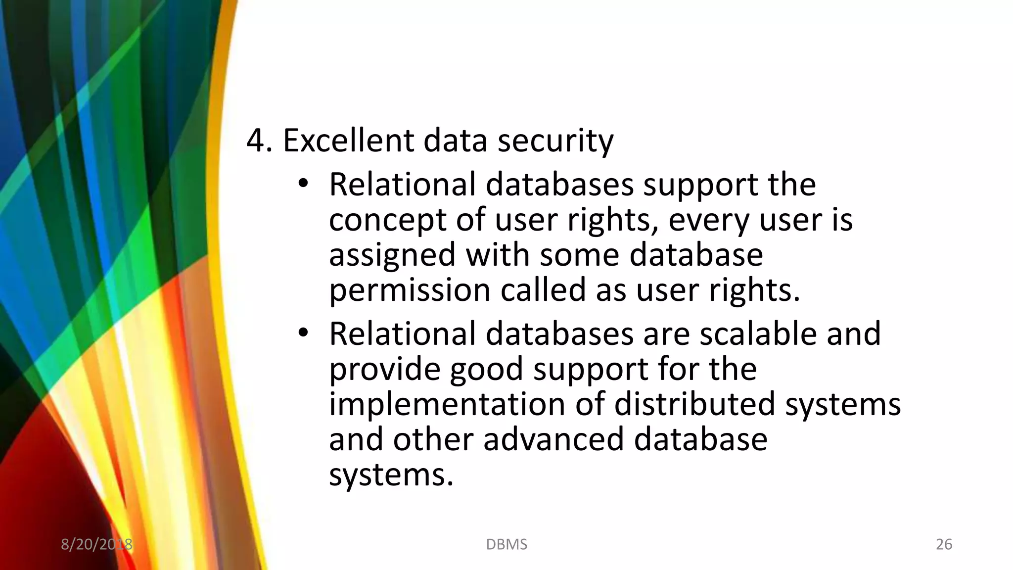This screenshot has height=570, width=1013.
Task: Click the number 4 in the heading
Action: (255, 141)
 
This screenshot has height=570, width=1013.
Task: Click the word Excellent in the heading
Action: (348, 141)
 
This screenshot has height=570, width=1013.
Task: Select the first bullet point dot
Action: (303, 185)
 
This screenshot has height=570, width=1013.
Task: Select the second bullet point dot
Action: (303, 334)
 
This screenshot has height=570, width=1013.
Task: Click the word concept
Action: (387, 221)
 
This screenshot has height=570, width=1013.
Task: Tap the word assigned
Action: (392, 256)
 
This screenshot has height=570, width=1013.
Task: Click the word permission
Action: (410, 290)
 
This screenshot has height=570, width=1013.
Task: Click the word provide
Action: (384, 369)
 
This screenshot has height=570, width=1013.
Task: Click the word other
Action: (433, 439)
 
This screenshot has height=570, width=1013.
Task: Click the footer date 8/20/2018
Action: (96, 544)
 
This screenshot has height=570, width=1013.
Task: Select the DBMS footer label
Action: (506, 544)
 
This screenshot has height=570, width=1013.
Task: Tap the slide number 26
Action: (944, 544)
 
